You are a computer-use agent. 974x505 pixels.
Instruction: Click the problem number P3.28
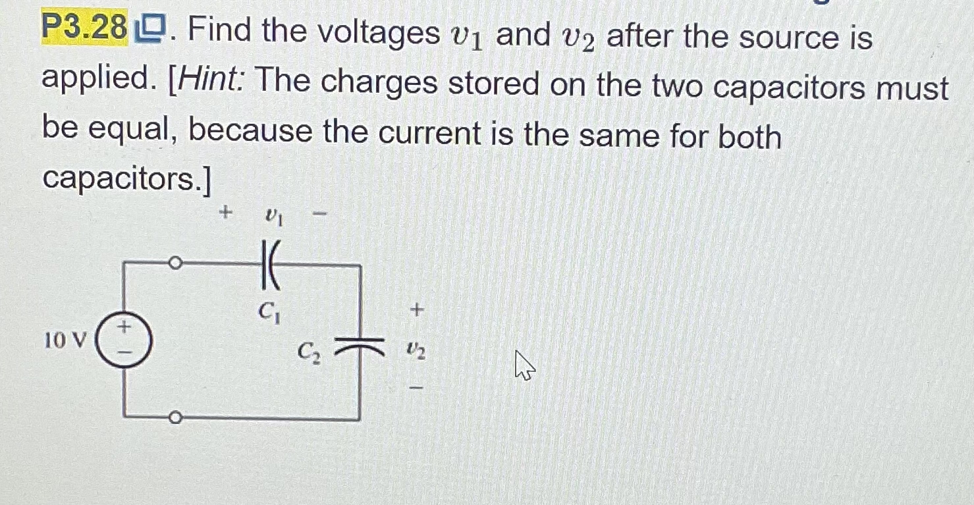[x=84, y=28]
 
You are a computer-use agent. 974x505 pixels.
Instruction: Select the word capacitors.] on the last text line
[x=126, y=178]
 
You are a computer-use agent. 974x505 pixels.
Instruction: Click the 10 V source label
[x=65, y=340]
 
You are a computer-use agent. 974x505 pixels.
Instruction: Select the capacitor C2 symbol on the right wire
[x=360, y=342]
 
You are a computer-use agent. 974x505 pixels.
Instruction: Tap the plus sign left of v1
[x=226, y=212]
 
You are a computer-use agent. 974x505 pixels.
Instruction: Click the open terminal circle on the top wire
[x=174, y=264]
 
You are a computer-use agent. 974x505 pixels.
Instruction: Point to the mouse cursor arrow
[x=524, y=365]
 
